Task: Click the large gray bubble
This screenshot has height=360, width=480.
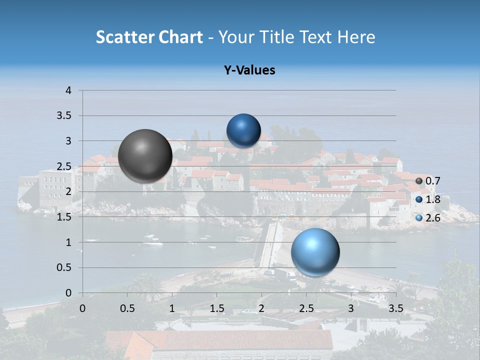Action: coord(145,155)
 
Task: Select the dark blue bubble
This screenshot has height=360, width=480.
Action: coord(243,130)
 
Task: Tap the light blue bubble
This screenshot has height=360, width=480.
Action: coord(315,252)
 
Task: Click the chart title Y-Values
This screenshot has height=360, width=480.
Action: coord(249,70)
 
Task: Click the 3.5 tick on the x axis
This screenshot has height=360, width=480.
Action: coord(395,308)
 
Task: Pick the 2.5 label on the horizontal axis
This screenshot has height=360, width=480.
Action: coord(306,308)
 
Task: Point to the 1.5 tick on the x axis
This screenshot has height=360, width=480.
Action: coord(216,308)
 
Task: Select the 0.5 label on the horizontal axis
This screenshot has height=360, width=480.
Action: coord(127,308)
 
